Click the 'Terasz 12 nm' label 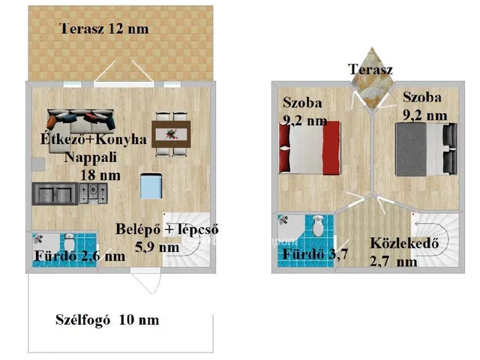tap(104, 29)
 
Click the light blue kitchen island tap(152, 184)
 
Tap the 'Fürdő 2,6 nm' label tap(79, 256)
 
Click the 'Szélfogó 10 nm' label tap(107, 320)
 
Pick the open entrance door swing tap(148, 286)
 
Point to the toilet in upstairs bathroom tap(317, 224)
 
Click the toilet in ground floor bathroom tap(68, 243)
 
